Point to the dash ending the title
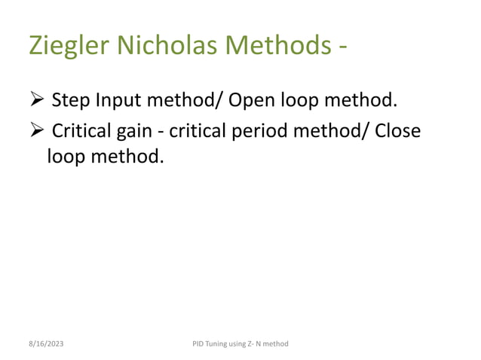point(343,48)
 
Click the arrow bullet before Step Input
point(38,99)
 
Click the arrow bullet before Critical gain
point(38,131)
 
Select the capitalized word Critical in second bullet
point(81,131)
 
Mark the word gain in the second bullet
point(136,133)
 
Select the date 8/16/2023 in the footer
point(47,343)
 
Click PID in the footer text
point(200,343)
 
